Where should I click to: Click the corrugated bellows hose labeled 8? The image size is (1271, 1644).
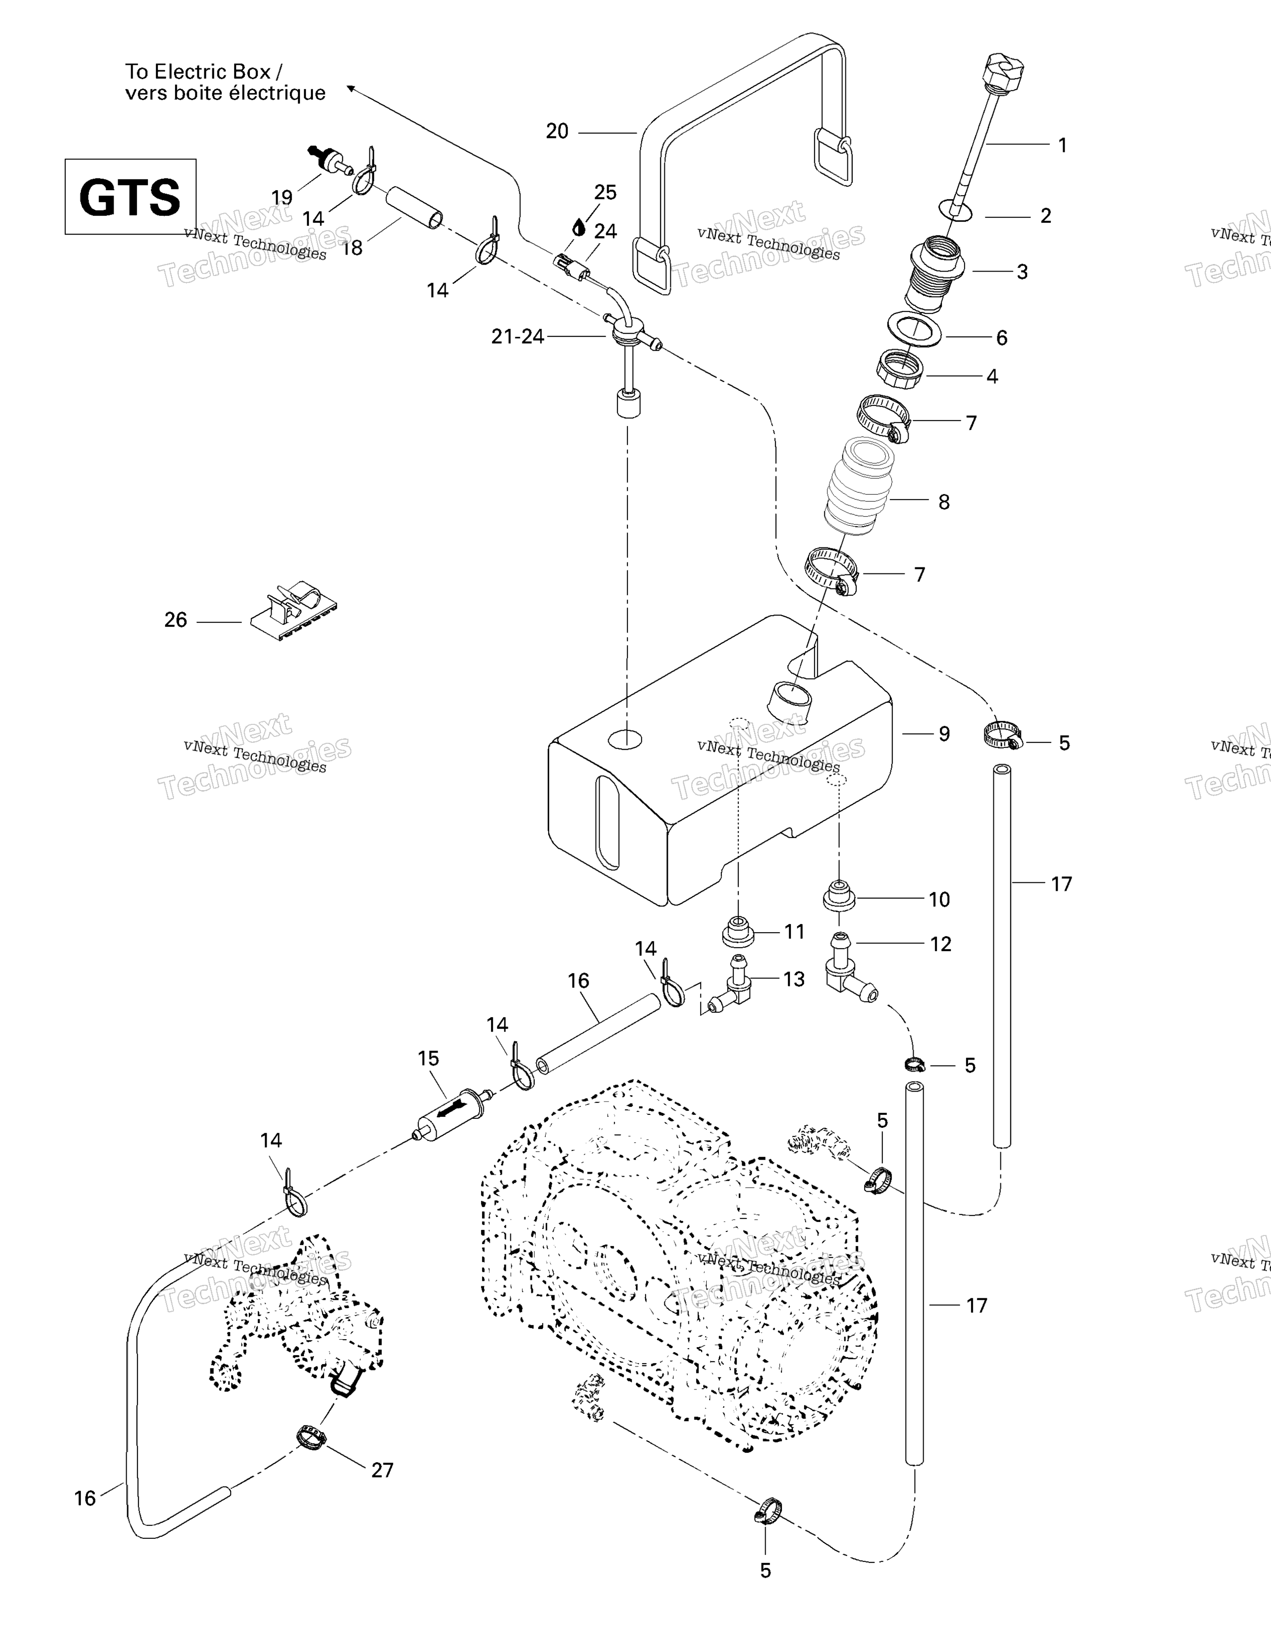(861, 486)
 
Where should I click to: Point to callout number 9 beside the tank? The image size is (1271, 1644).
(944, 734)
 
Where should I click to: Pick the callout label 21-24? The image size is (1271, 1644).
(517, 336)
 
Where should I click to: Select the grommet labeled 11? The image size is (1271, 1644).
(739, 934)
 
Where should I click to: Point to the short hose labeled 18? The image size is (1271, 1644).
(413, 209)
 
